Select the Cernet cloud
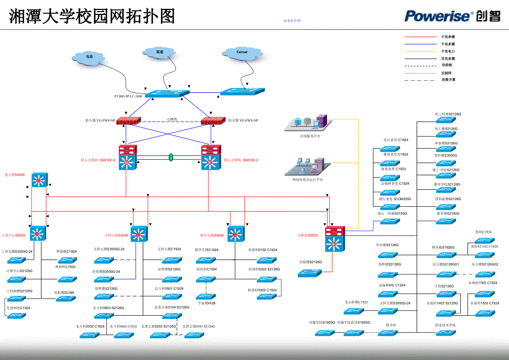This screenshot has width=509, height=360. click(242, 52)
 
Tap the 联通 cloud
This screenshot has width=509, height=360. click(160, 52)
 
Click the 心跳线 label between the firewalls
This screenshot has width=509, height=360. click(172, 118)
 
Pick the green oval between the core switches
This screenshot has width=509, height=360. click(171, 158)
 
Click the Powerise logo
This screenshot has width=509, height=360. click(452, 15)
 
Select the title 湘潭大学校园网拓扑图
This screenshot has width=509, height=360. click(92, 17)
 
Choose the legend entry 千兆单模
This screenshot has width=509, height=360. click(448, 36)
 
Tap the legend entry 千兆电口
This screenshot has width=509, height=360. click(448, 51)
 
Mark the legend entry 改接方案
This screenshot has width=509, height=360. click(448, 80)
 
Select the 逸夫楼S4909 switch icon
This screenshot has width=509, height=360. click(39, 180)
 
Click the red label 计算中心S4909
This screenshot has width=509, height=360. click(13, 235)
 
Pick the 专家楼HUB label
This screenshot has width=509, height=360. click(207, 302)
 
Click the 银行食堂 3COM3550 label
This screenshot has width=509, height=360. click(396, 198)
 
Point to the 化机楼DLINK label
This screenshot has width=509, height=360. click(64, 292)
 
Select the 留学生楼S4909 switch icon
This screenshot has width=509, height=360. click(236, 234)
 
